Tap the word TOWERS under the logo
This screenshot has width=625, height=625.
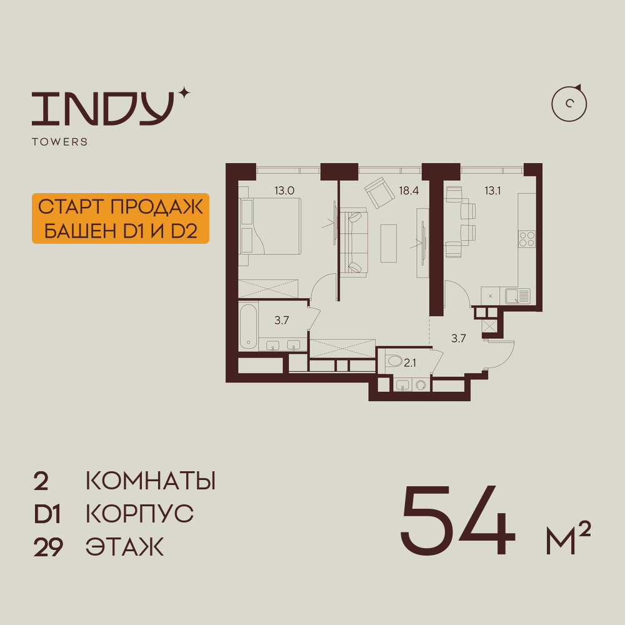(x=60, y=142)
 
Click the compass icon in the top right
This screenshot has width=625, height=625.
(x=569, y=103)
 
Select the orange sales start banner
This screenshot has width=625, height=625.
(x=121, y=218)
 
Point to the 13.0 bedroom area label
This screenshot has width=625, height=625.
(x=284, y=191)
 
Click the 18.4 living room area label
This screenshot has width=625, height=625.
(x=409, y=191)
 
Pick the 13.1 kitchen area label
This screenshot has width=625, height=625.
(x=492, y=191)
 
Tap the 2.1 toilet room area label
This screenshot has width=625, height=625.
(x=410, y=362)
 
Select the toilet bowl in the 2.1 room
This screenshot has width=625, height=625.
(x=394, y=361)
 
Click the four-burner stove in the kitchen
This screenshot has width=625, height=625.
(x=526, y=239)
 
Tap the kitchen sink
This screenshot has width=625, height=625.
(x=517, y=296)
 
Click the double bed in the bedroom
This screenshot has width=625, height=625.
(x=270, y=226)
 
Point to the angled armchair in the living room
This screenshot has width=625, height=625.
(x=379, y=192)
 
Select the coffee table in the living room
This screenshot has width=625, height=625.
(x=389, y=243)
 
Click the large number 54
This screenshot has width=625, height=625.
(x=458, y=520)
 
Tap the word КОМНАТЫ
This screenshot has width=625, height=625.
(x=151, y=481)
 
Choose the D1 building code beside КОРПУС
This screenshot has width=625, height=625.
(x=47, y=514)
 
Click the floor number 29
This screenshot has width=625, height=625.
(x=48, y=547)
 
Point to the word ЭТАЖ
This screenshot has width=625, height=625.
(x=125, y=547)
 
